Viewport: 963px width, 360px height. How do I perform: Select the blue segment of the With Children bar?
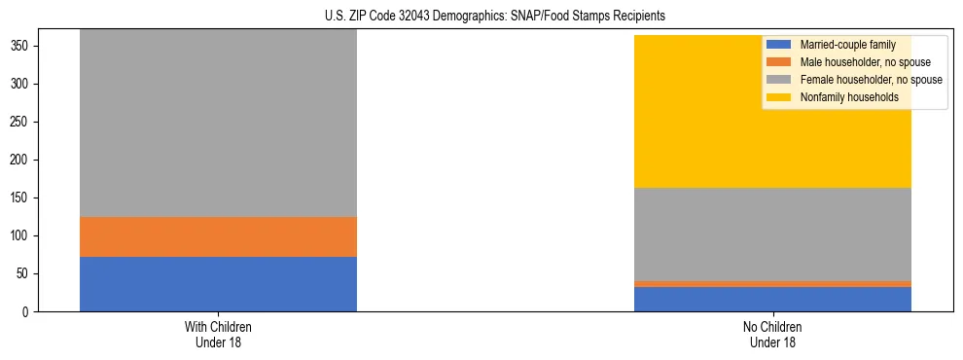coord(218,284)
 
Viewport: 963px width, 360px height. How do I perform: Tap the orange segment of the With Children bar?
coord(218,236)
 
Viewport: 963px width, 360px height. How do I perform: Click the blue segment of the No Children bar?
coord(772,299)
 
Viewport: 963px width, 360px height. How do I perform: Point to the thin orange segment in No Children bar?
coord(772,284)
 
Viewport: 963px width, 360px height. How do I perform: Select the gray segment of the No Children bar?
coord(772,234)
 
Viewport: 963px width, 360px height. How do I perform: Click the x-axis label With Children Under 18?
coord(218,334)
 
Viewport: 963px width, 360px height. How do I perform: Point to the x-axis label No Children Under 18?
coord(772,334)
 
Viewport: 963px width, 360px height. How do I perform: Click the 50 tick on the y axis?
coord(28,274)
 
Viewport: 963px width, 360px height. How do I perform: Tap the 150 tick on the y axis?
coord(25,198)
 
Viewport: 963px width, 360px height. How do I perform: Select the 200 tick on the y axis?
coord(25,161)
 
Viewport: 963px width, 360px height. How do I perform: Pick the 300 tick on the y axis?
coord(25,85)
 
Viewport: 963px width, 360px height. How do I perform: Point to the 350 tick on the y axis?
coord(25,47)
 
